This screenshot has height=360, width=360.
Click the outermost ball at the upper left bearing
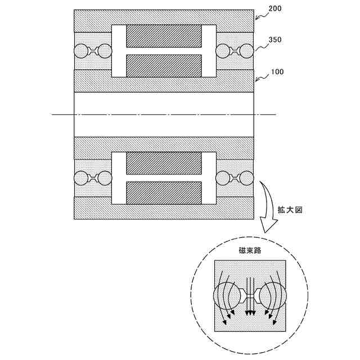click(81, 51)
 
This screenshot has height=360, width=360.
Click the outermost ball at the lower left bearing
click(81, 179)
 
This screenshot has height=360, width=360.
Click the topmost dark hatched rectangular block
click(164, 36)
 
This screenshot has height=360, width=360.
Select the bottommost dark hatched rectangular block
click(164, 193)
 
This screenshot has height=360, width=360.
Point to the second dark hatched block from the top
click(164, 66)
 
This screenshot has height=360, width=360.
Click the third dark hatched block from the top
click(164, 163)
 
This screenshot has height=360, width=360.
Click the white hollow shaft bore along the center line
click(164, 114)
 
